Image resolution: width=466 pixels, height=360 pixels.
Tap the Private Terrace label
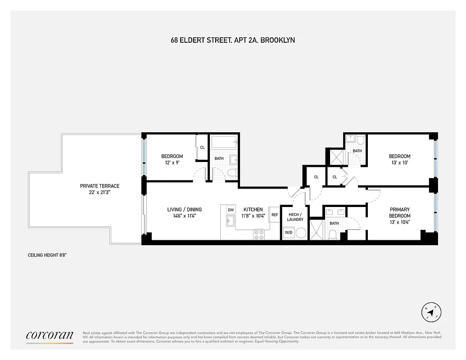(x=100, y=186)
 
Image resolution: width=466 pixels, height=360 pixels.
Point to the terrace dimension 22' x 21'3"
(x=100, y=193)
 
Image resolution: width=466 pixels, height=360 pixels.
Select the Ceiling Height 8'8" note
(x=47, y=255)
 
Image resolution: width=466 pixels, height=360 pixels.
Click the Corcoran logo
(x=50, y=335)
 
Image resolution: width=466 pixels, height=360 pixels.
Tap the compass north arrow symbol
(x=430, y=312)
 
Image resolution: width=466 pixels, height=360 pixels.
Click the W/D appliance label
(x=288, y=233)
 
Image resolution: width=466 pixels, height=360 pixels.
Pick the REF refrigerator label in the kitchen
(x=275, y=215)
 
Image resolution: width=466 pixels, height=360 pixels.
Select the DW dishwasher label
(x=231, y=210)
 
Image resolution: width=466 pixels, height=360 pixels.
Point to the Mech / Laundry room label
(x=295, y=216)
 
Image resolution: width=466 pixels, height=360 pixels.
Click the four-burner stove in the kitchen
(x=259, y=234)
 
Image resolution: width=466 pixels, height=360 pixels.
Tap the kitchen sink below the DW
(x=230, y=220)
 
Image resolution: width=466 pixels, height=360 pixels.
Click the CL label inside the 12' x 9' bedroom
(x=202, y=147)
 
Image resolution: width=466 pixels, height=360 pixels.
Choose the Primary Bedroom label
(x=400, y=212)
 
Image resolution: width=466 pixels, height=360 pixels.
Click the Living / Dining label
(x=184, y=209)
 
